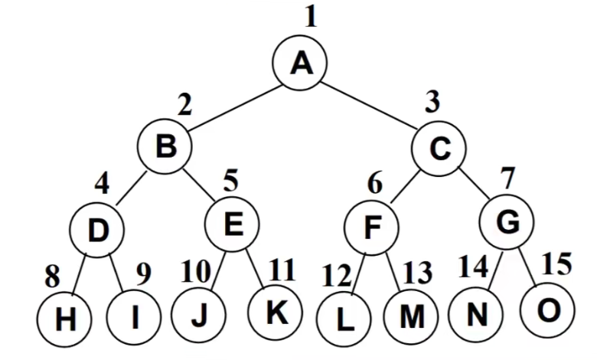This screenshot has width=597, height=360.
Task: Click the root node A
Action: (301, 64)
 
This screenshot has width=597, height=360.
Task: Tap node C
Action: (439, 148)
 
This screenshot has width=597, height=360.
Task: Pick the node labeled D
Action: (96, 229)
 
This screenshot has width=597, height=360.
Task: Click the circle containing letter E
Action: (233, 224)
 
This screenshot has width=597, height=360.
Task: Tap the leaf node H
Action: (67, 319)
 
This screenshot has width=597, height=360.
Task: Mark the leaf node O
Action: (546, 310)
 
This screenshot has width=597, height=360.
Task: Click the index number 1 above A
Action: (309, 17)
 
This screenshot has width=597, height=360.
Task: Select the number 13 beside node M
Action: (417, 272)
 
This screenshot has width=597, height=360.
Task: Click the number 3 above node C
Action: (433, 101)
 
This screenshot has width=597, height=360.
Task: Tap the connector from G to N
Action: (491, 272)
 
